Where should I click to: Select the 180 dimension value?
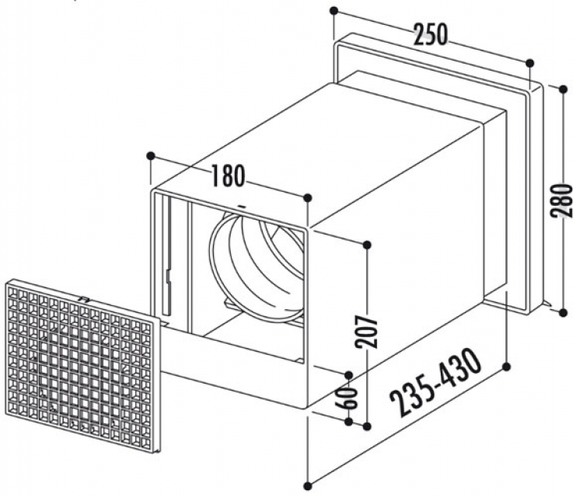click(x=228, y=176)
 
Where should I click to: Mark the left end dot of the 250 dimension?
click(x=333, y=11)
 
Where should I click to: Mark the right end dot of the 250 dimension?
click(x=530, y=64)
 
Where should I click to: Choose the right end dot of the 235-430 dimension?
click(x=508, y=364)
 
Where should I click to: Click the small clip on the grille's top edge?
click(x=83, y=296)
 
